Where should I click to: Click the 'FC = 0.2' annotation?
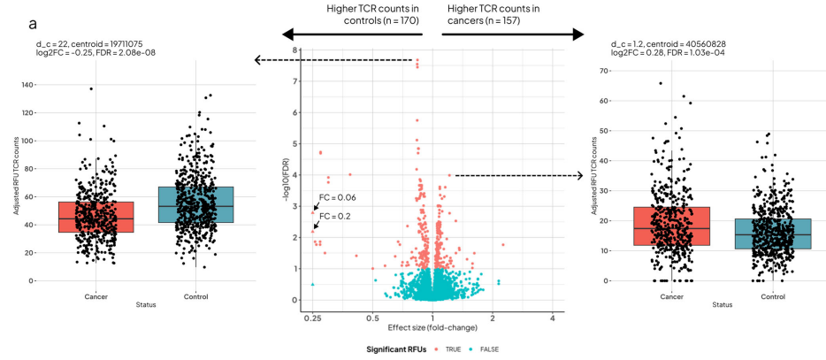coord(333,216)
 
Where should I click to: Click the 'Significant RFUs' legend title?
coord(398,349)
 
